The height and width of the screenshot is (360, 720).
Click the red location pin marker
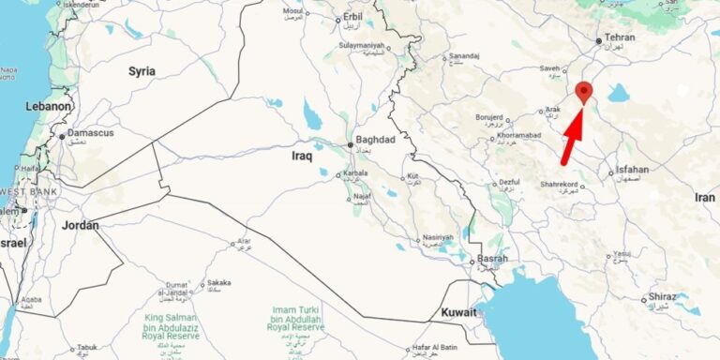pos(584,92)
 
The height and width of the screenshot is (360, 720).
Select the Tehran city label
pos(620,37)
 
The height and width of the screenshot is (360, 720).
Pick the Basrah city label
pos(492,259)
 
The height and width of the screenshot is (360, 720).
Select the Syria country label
pos(142,70)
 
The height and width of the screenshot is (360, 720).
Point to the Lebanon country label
pos(47,107)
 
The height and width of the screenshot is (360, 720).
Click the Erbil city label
pos(352,16)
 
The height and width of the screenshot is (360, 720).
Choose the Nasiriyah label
pos(438,238)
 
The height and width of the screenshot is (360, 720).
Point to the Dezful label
pos(509,182)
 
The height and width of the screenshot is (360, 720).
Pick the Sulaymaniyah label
pos(361,44)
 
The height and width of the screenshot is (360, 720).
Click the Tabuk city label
pos(87,347)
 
